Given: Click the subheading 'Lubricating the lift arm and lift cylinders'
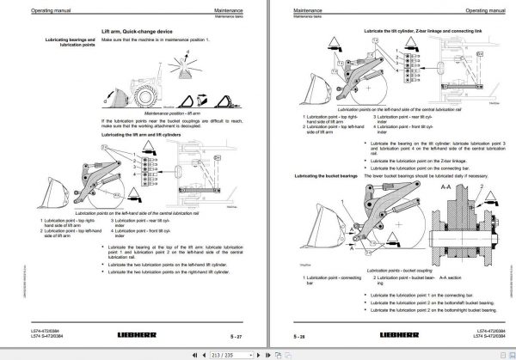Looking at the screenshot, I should click(x=144, y=135).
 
